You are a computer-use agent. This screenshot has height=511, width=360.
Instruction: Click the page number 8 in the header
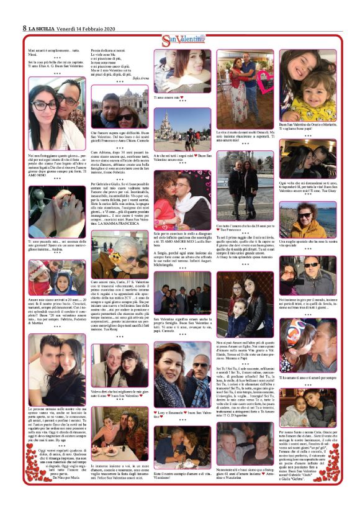24,28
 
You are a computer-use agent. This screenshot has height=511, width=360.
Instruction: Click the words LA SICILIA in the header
43,28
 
